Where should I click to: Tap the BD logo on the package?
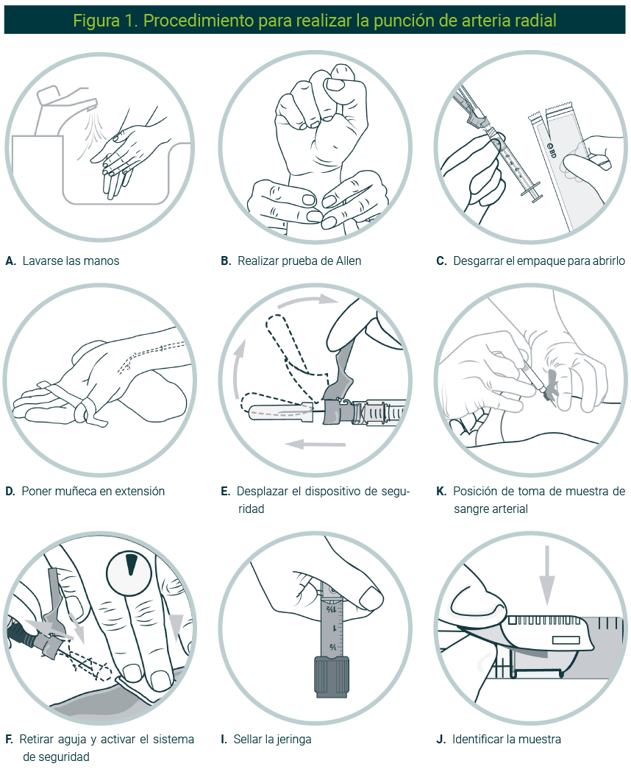551,151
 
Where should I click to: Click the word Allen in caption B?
348,261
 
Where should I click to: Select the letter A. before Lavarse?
11,261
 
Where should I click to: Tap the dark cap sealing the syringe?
332,676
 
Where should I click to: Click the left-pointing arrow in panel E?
315,444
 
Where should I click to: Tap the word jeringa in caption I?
293,740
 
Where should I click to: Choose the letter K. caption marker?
441,492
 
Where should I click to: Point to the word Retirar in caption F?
36,740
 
